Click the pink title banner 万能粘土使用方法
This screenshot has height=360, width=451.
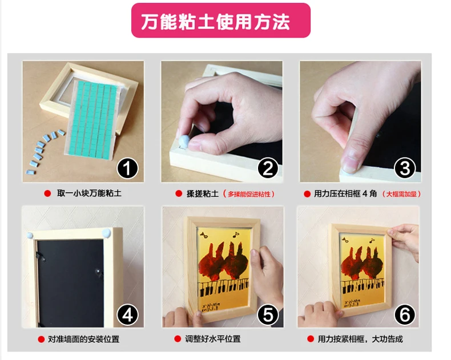(x=220, y=21)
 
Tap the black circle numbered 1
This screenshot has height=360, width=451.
(x=127, y=169)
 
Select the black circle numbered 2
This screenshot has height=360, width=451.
(x=268, y=169)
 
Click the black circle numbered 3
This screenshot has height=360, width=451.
(x=405, y=169)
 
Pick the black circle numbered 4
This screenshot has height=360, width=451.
(x=127, y=315)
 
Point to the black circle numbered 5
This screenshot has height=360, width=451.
(x=268, y=315)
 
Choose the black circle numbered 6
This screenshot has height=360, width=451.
(x=405, y=315)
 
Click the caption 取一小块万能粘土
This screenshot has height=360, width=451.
(x=89, y=193)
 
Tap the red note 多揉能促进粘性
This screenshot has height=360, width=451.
(x=249, y=194)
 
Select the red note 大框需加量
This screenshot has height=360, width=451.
(x=401, y=194)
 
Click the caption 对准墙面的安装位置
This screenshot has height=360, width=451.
(x=83, y=339)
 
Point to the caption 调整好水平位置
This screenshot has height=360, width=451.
(x=213, y=339)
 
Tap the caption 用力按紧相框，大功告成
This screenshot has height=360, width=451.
(x=360, y=339)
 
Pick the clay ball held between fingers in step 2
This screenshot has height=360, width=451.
(x=184, y=141)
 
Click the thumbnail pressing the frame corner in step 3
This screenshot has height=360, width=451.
(x=351, y=164)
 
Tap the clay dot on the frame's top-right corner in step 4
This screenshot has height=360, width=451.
(x=106, y=233)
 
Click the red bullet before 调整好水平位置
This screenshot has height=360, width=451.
(x=178, y=339)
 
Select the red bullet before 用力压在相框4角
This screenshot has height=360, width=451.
(x=307, y=194)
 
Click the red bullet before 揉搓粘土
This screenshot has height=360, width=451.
(x=179, y=193)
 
